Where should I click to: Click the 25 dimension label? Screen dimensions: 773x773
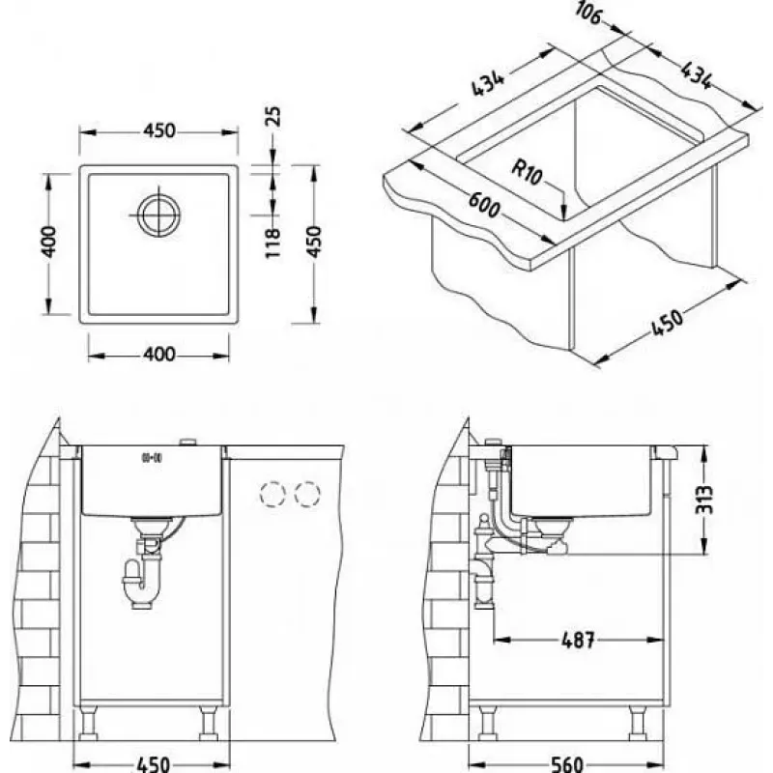(x=273, y=116)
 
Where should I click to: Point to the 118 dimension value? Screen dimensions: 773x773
(x=272, y=243)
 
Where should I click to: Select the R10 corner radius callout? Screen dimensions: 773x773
(x=527, y=172)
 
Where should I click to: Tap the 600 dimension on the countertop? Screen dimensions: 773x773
(x=484, y=205)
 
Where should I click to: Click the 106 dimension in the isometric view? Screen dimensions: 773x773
(x=588, y=14)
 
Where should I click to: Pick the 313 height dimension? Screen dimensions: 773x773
(x=704, y=500)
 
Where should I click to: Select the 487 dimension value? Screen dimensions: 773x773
(x=578, y=640)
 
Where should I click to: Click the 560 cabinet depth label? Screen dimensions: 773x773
(x=567, y=764)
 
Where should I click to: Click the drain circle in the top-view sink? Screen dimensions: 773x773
(x=158, y=215)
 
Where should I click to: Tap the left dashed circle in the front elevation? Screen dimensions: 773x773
(x=272, y=494)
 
